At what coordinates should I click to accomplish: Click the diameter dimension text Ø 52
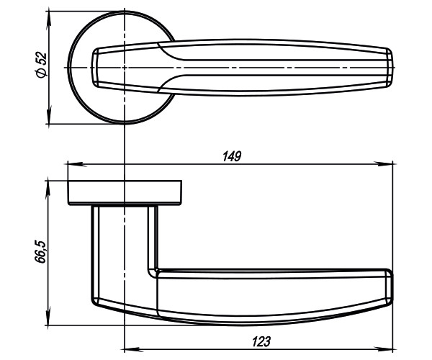pyautogui.click(x=41, y=65)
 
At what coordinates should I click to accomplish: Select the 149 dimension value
pyautogui.click(x=231, y=156)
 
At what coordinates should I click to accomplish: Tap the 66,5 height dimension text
pyautogui.click(x=41, y=252)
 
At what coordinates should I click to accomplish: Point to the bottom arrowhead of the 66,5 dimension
pyautogui.click(x=50, y=321)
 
